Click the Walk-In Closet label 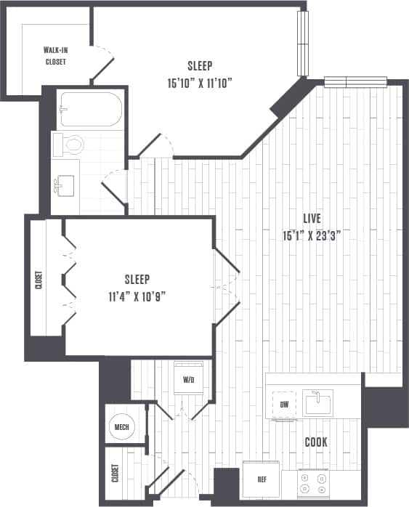pos(55,56)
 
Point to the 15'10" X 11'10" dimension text pos(199,82)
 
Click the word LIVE pos(312,218)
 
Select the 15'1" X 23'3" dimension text pos(312,235)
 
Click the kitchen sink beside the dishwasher pos(318,402)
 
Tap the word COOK pos(315,442)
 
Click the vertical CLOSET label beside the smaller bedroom pos(38,280)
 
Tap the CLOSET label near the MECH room pos(114,473)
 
